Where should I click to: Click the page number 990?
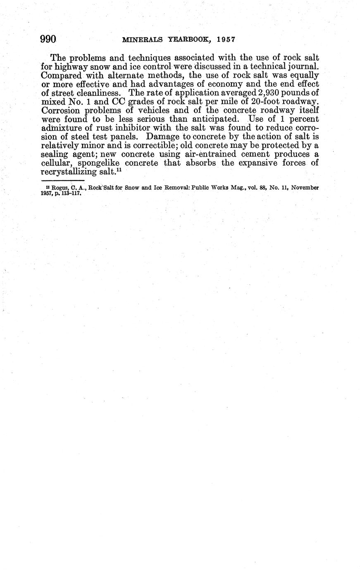point(48,39)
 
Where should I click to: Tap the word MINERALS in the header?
point(143,40)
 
